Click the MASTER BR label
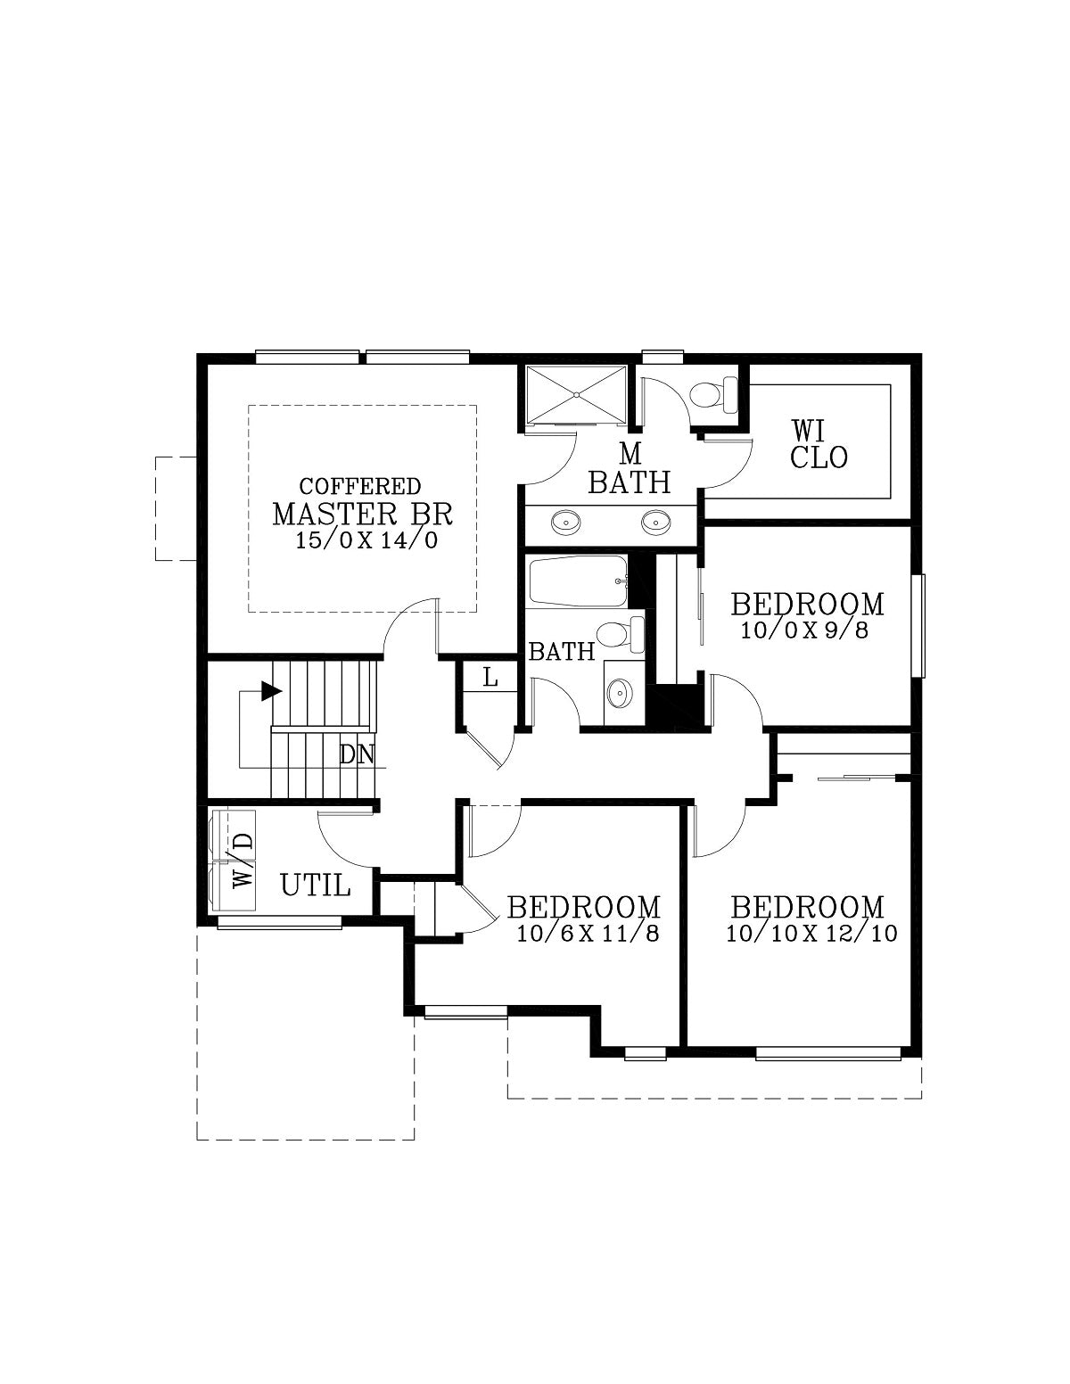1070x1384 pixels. click(x=362, y=515)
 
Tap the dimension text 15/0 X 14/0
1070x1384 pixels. click(x=366, y=540)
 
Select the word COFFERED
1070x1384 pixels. click(x=360, y=487)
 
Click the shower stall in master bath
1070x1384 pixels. click(x=576, y=393)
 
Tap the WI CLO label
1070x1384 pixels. click(x=819, y=444)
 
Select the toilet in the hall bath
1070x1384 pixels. click(x=621, y=634)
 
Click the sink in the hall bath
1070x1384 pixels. click(x=620, y=691)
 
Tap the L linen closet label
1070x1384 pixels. click(x=490, y=678)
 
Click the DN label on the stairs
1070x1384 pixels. click(x=357, y=754)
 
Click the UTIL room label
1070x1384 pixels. click(x=315, y=886)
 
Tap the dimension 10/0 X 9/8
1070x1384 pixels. click(x=804, y=630)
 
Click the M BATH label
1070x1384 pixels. click(x=630, y=469)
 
